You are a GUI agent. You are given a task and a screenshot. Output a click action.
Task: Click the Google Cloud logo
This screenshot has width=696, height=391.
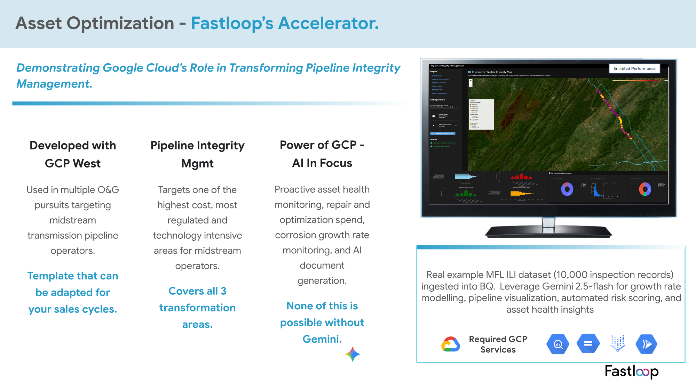(x=451, y=344)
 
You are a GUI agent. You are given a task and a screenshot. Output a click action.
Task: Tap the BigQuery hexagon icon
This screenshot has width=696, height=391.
(x=557, y=344)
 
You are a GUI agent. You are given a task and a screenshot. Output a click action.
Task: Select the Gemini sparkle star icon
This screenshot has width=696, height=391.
(x=353, y=354)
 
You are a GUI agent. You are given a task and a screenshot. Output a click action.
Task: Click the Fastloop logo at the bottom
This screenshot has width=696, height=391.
(x=631, y=372)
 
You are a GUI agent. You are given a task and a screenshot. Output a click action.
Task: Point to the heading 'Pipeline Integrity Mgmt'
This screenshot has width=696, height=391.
(x=197, y=154)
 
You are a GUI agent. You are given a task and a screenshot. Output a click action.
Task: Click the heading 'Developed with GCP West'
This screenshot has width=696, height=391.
(x=73, y=154)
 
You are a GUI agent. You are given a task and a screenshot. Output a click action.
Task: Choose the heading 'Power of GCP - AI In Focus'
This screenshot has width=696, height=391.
(x=322, y=154)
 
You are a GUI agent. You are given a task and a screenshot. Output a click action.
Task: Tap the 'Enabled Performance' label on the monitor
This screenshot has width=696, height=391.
(x=634, y=68)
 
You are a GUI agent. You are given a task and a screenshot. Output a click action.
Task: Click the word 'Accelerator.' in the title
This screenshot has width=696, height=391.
(x=328, y=23)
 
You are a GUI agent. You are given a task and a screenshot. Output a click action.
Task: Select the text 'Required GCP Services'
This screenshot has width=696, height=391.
(x=498, y=344)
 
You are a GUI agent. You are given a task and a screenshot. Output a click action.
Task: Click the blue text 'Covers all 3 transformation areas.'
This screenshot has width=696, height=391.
(x=197, y=308)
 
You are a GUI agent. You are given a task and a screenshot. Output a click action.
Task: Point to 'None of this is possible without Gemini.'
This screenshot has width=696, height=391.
(x=322, y=322)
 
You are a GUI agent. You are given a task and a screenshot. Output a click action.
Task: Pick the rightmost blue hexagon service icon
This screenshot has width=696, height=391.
(x=646, y=344)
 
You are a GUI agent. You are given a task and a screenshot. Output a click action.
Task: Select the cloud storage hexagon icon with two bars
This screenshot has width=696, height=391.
(x=588, y=344)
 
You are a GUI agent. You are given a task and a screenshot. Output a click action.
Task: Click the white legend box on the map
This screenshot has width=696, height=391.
(x=481, y=114)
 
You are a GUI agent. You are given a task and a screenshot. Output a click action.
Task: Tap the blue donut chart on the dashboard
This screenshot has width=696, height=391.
(x=567, y=189)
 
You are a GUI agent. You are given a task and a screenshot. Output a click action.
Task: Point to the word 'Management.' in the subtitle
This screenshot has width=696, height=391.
(x=54, y=84)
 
